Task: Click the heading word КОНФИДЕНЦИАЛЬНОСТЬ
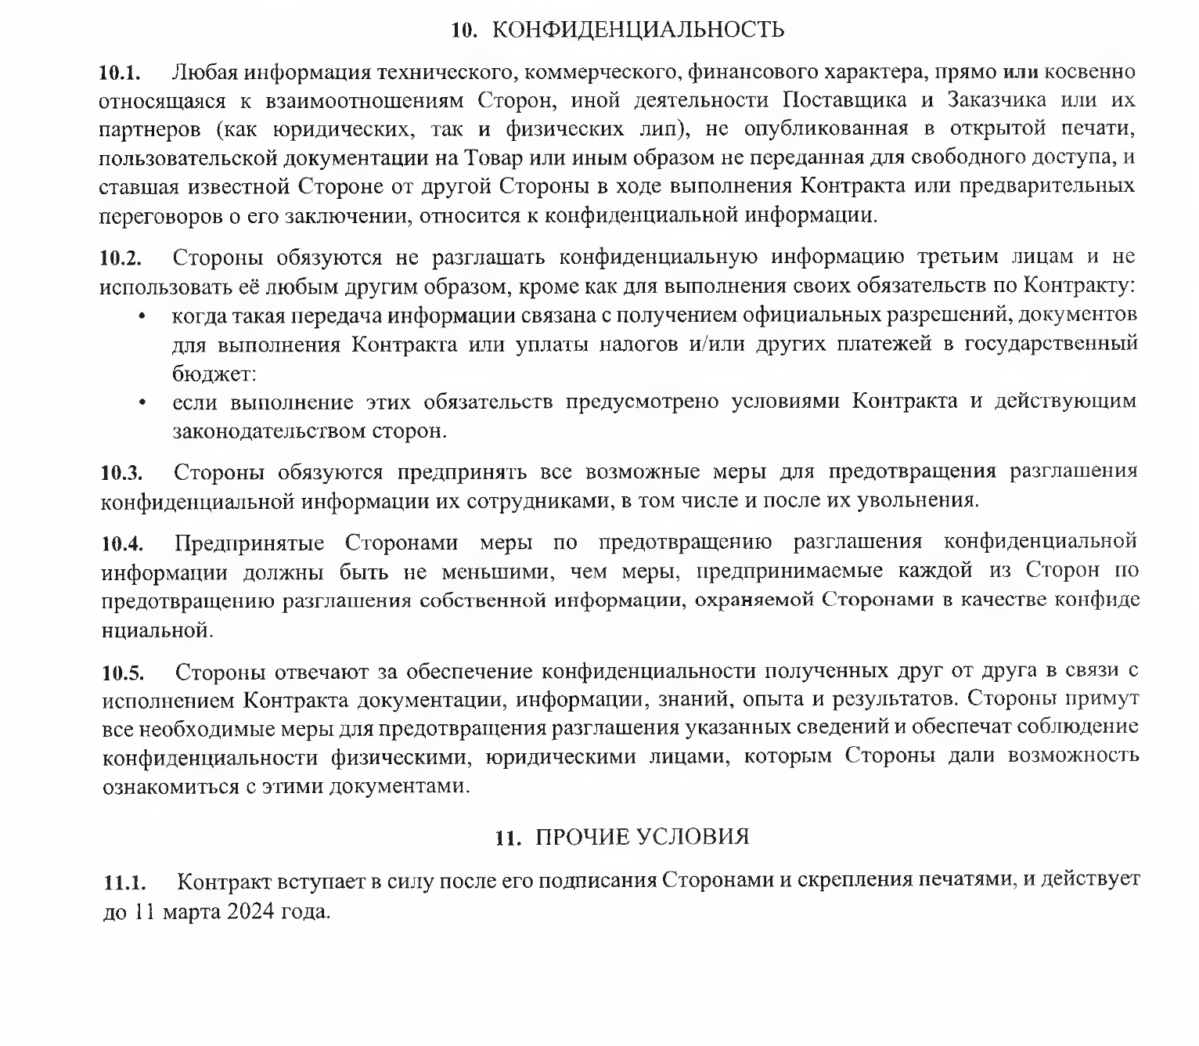click(640, 31)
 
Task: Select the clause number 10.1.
click(119, 74)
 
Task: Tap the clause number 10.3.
click(121, 473)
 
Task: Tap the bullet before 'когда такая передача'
click(142, 316)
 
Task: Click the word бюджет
click(212, 374)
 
